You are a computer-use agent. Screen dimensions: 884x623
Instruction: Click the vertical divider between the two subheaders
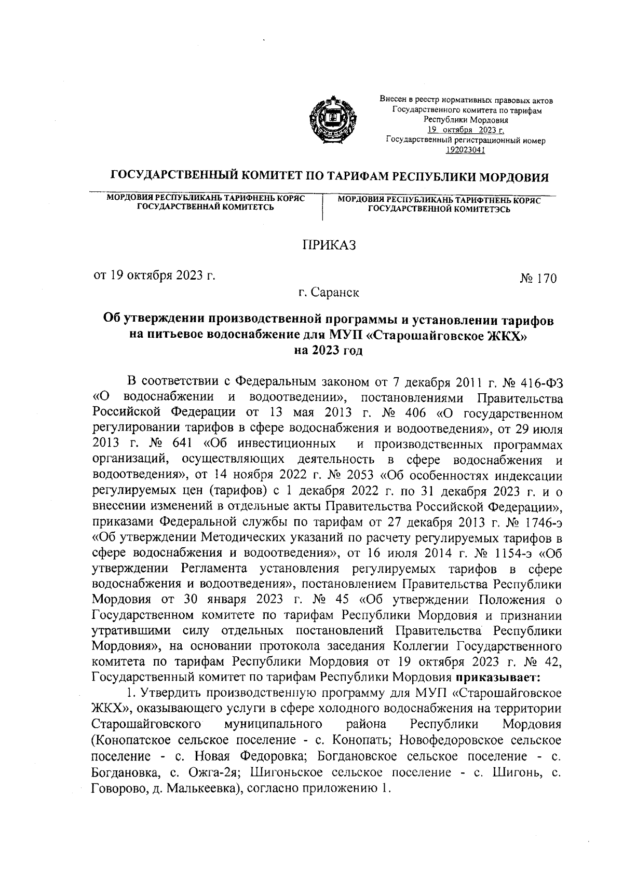(323, 208)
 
